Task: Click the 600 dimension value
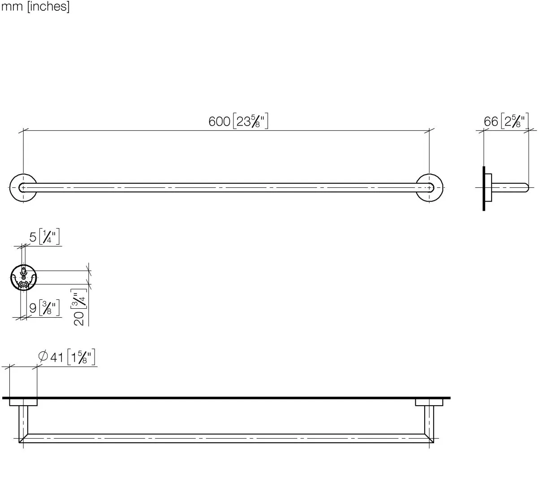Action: [x=219, y=121]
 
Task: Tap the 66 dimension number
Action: [x=491, y=121]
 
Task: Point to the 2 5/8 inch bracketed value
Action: [x=515, y=121]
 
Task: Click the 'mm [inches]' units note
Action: [x=35, y=8]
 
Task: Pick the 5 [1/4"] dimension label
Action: [x=45, y=237]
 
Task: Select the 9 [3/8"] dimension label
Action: [x=45, y=308]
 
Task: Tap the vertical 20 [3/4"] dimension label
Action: [x=79, y=308]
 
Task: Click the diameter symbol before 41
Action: [x=43, y=357]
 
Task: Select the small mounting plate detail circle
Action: [x=23, y=278]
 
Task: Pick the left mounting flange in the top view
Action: [x=23, y=402]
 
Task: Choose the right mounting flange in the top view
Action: [x=429, y=402]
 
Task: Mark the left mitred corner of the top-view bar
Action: [x=23, y=438]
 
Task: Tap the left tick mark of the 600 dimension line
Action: [x=23, y=131]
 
